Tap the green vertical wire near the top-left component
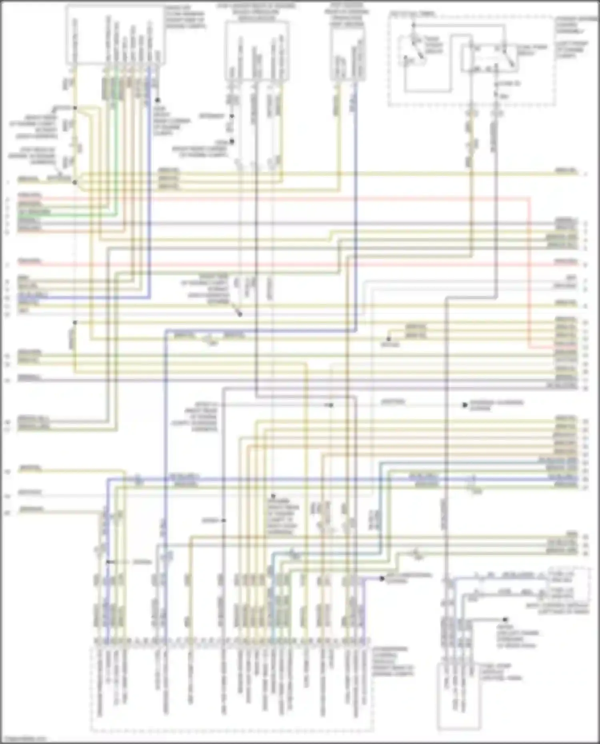coord(116,140)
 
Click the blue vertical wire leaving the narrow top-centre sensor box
coord(356,200)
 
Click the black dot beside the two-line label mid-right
coord(465,405)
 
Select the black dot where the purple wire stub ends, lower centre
coord(382,578)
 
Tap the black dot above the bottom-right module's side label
coord(505,619)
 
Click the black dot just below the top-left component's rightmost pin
coord(158,100)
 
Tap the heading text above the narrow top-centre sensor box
coord(347,14)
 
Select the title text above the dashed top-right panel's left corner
coord(412,14)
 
